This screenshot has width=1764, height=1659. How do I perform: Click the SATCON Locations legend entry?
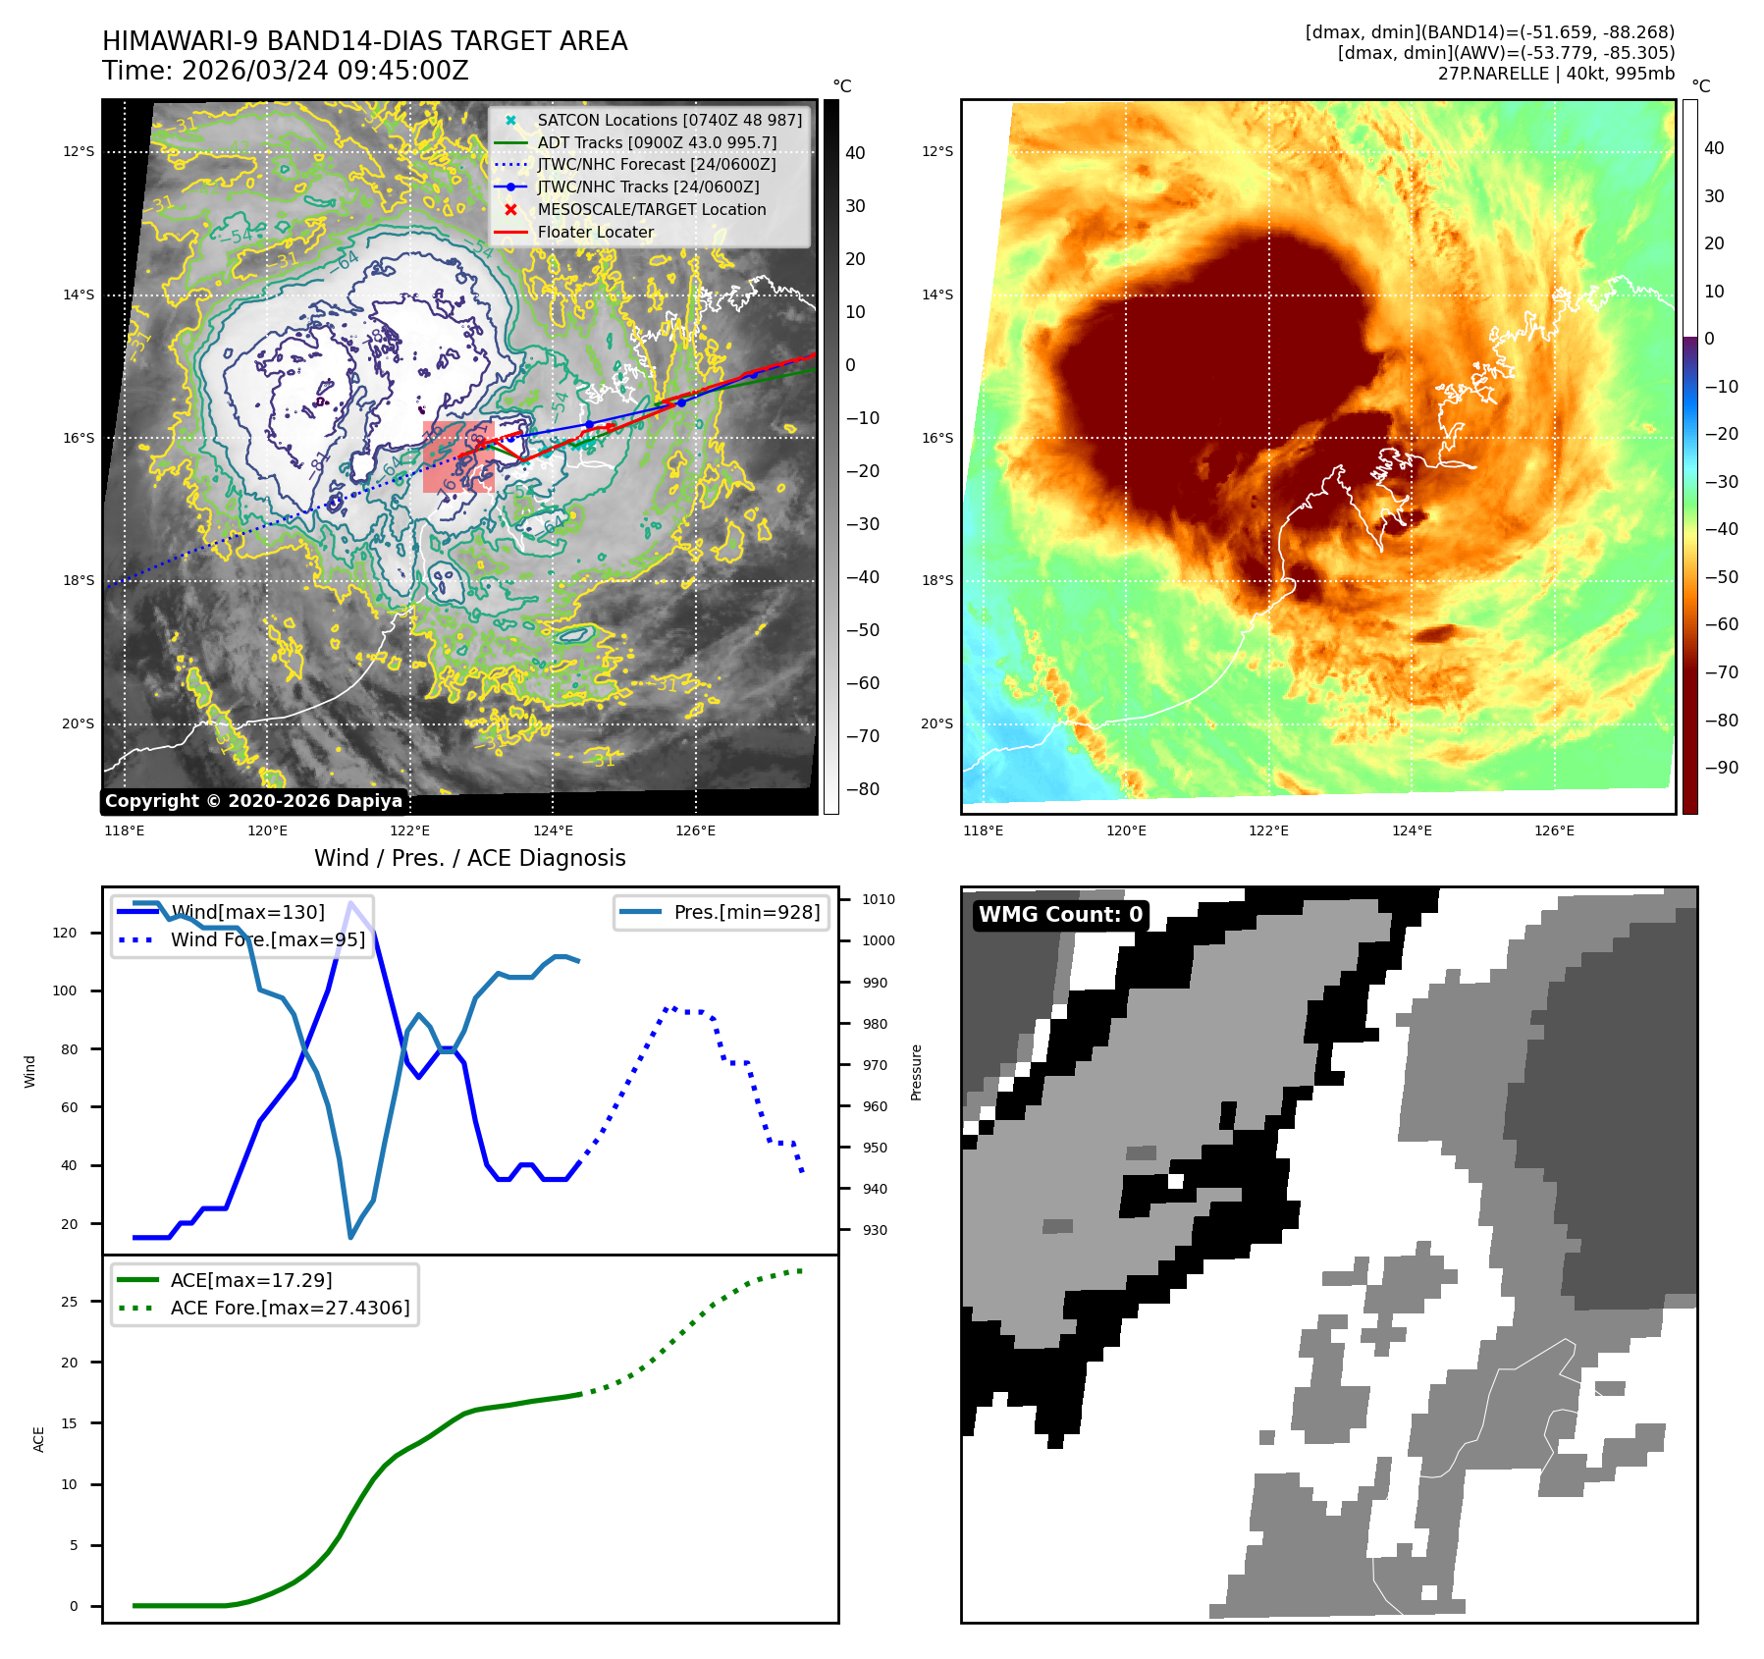[x=668, y=120]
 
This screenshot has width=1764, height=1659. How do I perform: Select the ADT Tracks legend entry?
[x=656, y=142]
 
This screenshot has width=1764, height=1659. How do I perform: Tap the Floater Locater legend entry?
[x=595, y=232]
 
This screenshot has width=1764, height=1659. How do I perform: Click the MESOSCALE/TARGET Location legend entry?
[x=651, y=209]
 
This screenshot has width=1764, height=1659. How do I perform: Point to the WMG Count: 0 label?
[x=1060, y=915]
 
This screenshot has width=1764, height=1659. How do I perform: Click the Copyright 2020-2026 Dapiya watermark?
[x=253, y=801]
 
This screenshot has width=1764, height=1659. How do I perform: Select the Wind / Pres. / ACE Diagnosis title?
[x=469, y=858]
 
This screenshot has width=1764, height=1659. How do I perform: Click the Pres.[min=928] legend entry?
[x=746, y=912]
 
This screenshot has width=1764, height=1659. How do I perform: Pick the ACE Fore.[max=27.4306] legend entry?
[x=290, y=1308]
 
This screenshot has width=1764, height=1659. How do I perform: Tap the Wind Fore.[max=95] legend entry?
[x=267, y=939]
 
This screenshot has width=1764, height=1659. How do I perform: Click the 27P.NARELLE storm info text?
[x=1556, y=74]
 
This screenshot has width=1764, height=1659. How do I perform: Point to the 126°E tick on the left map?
[x=695, y=830]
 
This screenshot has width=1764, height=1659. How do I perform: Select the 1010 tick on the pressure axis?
[x=879, y=899]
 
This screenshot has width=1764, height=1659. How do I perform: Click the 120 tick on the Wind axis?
[x=65, y=933]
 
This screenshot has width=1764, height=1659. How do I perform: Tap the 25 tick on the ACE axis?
[x=69, y=1302]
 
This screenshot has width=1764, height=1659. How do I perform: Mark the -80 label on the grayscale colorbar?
[x=863, y=789]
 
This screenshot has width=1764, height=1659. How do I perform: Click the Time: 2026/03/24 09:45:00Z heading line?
[x=286, y=71]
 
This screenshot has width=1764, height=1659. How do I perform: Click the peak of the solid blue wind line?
[x=350, y=902]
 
